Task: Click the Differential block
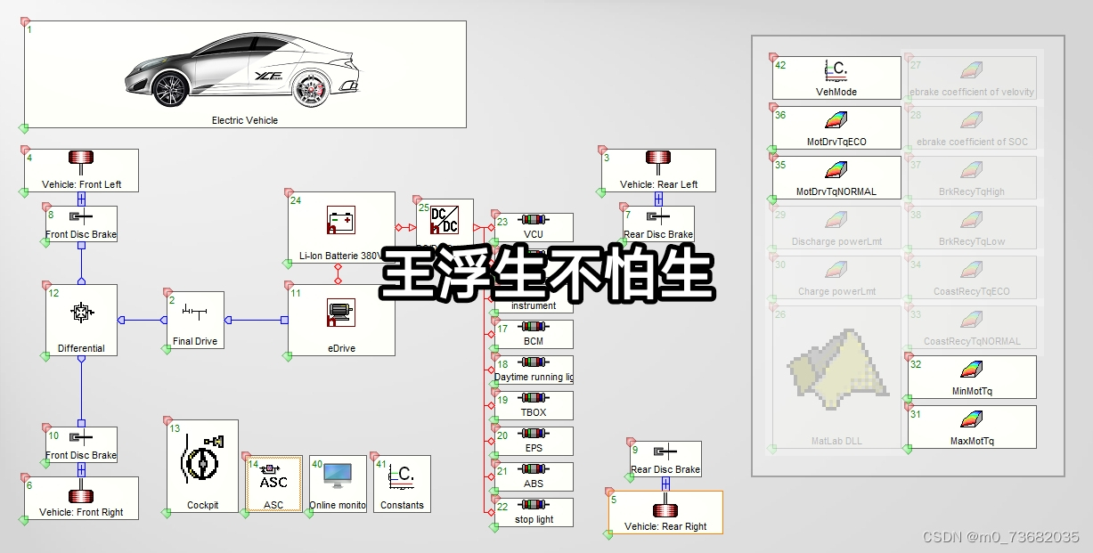[81, 320]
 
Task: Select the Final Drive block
[195, 319]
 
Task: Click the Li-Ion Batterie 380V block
[340, 228]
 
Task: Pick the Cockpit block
[202, 466]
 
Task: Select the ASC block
[273, 484]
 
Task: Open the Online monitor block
[338, 484]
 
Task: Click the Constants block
[402, 484]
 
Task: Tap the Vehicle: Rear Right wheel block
[665, 512]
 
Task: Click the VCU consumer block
[534, 226]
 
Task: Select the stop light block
[534, 512]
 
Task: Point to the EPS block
[534, 441]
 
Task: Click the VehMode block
[836, 77]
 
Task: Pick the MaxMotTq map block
[972, 427]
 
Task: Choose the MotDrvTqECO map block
[836, 126]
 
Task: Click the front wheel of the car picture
[168, 89]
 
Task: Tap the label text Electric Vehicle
[244, 120]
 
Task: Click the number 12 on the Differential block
[53, 293]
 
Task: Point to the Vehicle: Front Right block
[81, 498]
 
